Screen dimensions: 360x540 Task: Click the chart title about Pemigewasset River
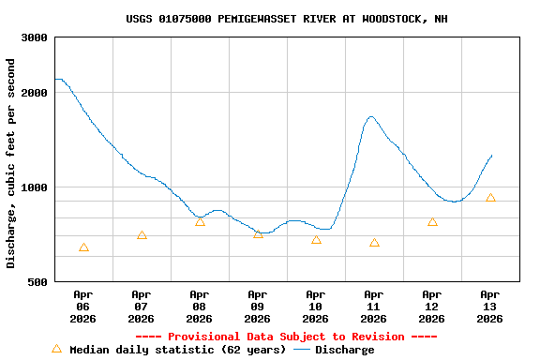[x=286, y=19]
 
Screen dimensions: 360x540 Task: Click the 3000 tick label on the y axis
[x=36, y=37]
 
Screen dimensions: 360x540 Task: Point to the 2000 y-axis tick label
[x=36, y=93]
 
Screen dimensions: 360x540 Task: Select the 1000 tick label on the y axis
[x=36, y=187]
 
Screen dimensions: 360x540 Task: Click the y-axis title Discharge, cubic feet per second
[x=11, y=163]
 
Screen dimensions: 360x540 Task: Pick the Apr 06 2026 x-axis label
[x=83, y=306]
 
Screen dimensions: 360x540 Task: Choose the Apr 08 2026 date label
[x=200, y=306]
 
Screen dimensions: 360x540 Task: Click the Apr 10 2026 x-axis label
[x=316, y=306]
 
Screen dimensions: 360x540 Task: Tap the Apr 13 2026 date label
[x=490, y=306]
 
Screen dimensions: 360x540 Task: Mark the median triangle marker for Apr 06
[x=83, y=247]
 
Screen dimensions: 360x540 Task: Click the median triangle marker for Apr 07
[x=142, y=235]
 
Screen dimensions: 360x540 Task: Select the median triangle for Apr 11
[x=374, y=243]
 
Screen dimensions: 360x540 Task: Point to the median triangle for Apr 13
[x=490, y=198]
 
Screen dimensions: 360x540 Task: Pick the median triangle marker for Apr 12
[x=432, y=222]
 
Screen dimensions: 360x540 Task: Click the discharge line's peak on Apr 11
[x=372, y=117]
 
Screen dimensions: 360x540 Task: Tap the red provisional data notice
[x=286, y=337]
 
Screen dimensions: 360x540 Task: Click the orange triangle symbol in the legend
[x=56, y=349]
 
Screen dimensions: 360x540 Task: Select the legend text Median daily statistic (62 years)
[x=178, y=350]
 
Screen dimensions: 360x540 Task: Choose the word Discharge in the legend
[x=344, y=350]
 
